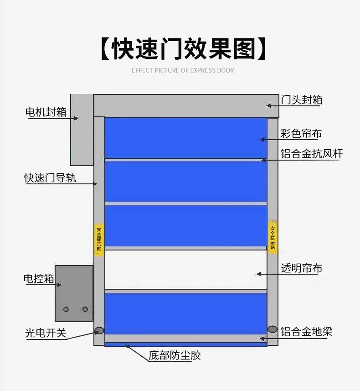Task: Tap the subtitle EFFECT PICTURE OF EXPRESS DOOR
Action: click(183, 71)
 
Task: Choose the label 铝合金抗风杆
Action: click(311, 154)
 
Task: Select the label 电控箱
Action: click(39, 279)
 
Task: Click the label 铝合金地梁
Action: click(306, 332)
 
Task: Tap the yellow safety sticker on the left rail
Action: click(99, 239)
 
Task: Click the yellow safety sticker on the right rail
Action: click(273, 238)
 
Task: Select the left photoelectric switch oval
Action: click(99, 330)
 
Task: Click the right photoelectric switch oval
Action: click(273, 329)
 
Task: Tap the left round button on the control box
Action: click(66, 309)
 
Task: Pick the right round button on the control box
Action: click(85, 309)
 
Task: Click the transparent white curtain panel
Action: click(186, 269)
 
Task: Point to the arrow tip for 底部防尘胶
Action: click(125, 345)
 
